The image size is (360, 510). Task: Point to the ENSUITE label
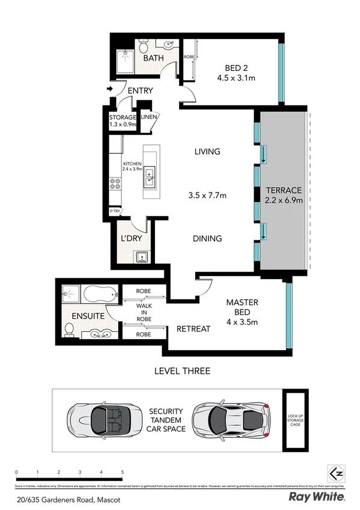tap(88, 315)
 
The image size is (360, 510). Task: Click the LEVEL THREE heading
tap(182, 371)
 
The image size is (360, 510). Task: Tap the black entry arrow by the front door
tap(109, 89)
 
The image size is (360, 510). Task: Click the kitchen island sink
tap(149, 176)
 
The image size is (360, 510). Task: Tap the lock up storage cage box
tap(295, 419)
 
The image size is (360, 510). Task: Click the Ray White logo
tap(316, 497)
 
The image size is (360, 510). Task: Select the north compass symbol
tap(335, 472)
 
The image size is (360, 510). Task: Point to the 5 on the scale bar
tap(123, 472)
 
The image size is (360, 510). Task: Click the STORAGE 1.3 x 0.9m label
tap(123, 121)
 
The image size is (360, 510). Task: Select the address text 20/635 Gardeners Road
tap(62, 497)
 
